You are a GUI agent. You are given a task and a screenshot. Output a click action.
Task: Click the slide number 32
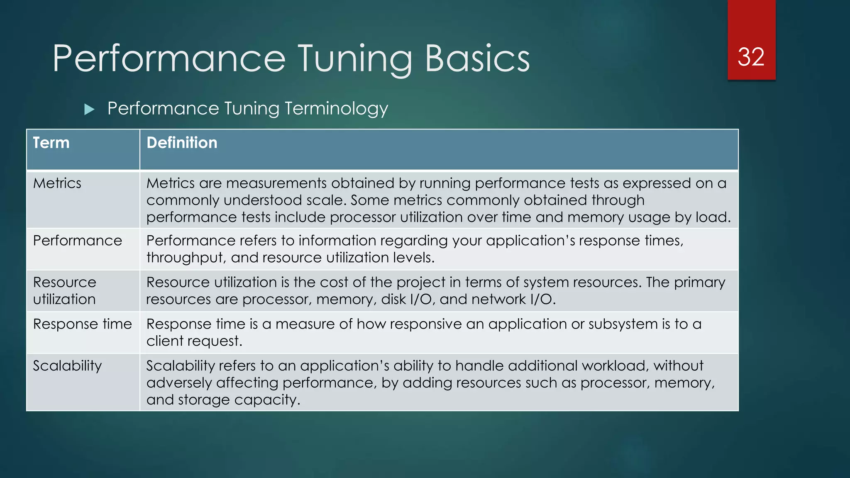751,57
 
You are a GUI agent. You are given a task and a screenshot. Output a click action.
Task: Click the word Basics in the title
477,59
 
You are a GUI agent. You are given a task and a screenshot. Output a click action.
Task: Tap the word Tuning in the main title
355,59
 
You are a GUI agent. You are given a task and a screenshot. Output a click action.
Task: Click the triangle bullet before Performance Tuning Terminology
89,110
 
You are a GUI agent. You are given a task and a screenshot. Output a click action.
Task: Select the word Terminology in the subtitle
336,109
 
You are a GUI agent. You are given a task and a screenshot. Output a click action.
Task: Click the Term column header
51,143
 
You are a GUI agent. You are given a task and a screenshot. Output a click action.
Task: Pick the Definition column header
182,143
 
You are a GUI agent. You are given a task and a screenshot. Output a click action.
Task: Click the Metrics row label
57,183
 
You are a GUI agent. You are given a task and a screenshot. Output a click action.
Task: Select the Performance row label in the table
78,241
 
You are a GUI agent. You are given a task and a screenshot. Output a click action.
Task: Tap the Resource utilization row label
65,290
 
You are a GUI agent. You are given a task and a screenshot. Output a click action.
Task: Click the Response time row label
83,324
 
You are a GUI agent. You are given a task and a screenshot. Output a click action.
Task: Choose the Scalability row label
67,366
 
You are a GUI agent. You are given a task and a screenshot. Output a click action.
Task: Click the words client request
194,341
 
